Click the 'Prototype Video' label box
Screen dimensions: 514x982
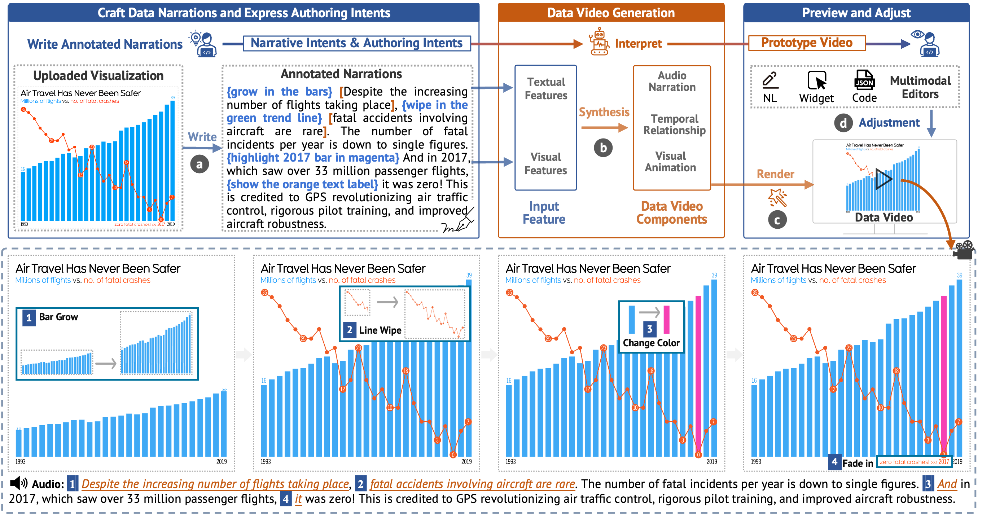807,43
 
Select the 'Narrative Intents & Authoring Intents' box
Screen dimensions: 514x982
356,43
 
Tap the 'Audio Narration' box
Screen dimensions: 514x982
672,82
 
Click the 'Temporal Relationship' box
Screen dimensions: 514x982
674,125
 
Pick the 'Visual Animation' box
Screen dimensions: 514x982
671,162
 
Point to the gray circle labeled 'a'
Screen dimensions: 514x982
200,164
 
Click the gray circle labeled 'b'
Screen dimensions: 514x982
603,148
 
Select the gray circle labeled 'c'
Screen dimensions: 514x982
777,220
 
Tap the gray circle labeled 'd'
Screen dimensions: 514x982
843,123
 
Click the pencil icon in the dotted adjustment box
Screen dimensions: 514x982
770,80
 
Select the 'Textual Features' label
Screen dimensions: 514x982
546,89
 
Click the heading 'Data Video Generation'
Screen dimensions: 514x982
611,13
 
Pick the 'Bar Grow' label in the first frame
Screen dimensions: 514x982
58,317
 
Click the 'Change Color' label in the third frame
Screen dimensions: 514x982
651,343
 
